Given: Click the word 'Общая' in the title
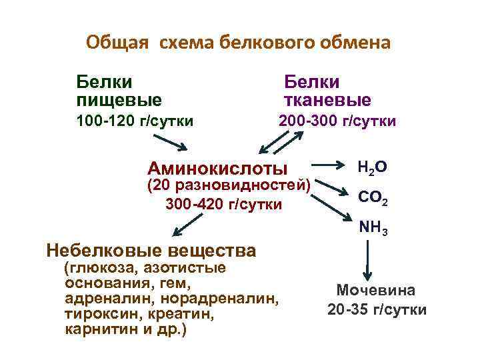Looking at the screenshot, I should (x=112, y=43).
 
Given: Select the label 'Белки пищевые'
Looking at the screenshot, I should (x=119, y=91).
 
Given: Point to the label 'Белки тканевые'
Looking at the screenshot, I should (x=327, y=91).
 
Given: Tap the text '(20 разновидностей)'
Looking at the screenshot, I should (x=228, y=185).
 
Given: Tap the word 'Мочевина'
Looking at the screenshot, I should (x=376, y=291).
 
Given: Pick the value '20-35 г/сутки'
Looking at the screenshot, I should (x=377, y=310).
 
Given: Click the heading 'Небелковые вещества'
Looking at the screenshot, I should (x=151, y=251).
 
